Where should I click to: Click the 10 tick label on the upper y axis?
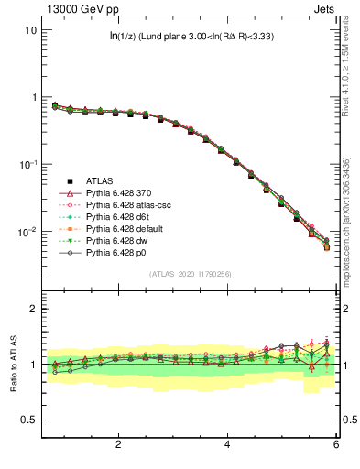point(30,30)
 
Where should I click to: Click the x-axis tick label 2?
point(118,445)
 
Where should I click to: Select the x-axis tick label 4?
point(227,445)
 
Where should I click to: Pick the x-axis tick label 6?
point(336,445)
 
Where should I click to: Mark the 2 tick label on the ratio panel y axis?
point(32,310)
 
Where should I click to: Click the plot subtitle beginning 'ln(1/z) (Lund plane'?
point(191,37)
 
